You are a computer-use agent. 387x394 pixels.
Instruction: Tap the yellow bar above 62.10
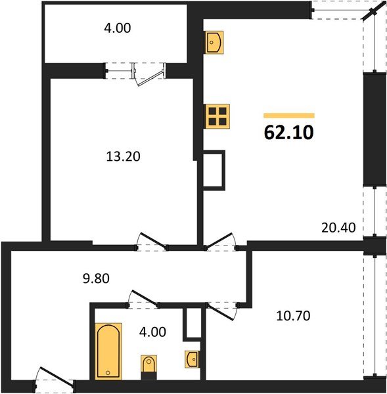point(288,115)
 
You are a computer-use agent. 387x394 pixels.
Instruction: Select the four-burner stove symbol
point(215,118)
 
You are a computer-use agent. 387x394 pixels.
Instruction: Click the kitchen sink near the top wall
point(215,42)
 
